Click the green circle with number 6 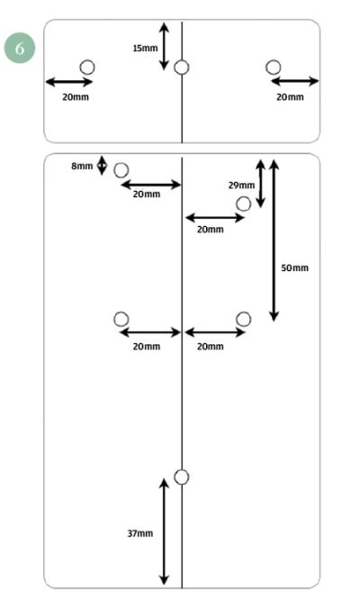point(19,48)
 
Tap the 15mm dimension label point(144,48)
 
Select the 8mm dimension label point(82,166)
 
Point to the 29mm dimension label point(240,185)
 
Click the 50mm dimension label point(294,268)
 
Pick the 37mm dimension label point(139,533)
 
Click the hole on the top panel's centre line point(182,67)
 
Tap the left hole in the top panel point(87,66)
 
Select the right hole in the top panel point(274,66)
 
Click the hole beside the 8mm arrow point(121,169)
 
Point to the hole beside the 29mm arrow point(243,204)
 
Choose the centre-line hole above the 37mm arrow point(182,476)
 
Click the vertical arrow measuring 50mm point(274,240)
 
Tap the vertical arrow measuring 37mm point(164,531)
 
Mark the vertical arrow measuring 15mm point(164,46)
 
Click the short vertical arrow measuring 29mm point(261,184)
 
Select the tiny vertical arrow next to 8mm point(102,166)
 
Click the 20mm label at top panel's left point(76,97)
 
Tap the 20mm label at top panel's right point(290,97)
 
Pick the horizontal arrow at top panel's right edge point(294,82)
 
